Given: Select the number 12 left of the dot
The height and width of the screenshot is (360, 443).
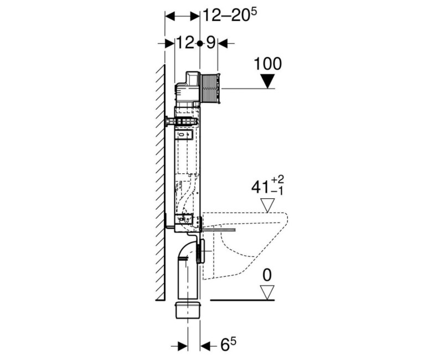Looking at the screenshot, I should (186, 43).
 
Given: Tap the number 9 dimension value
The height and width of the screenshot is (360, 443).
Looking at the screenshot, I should (211, 43).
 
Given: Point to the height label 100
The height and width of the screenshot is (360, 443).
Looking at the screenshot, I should (267, 63).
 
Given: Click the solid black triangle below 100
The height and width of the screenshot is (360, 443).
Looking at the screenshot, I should (268, 81).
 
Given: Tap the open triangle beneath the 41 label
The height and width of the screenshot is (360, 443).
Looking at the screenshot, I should (269, 206).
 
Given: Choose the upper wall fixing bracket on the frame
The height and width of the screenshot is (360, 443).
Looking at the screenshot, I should (181, 120).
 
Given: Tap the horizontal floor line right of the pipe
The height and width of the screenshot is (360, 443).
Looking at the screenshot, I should (238, 300).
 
